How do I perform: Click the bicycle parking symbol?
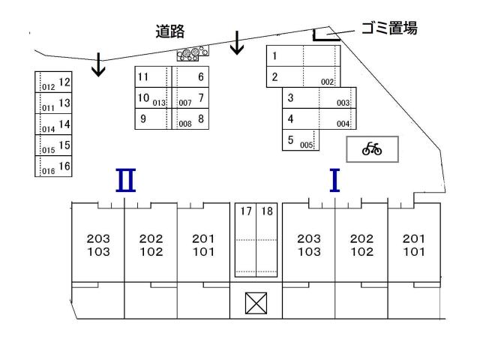(372, 149)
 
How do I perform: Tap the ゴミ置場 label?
(389, 29)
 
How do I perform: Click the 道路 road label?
(170, 31)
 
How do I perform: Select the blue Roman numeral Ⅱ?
(124, 181)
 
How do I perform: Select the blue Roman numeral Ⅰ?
(335, 181)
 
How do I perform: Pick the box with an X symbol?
(256, 303)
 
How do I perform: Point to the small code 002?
(327, 82)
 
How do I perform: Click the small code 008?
(185, 124)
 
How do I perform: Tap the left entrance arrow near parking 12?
(98, 67)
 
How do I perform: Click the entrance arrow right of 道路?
(238, 43)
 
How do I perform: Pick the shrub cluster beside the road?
(192, 53)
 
